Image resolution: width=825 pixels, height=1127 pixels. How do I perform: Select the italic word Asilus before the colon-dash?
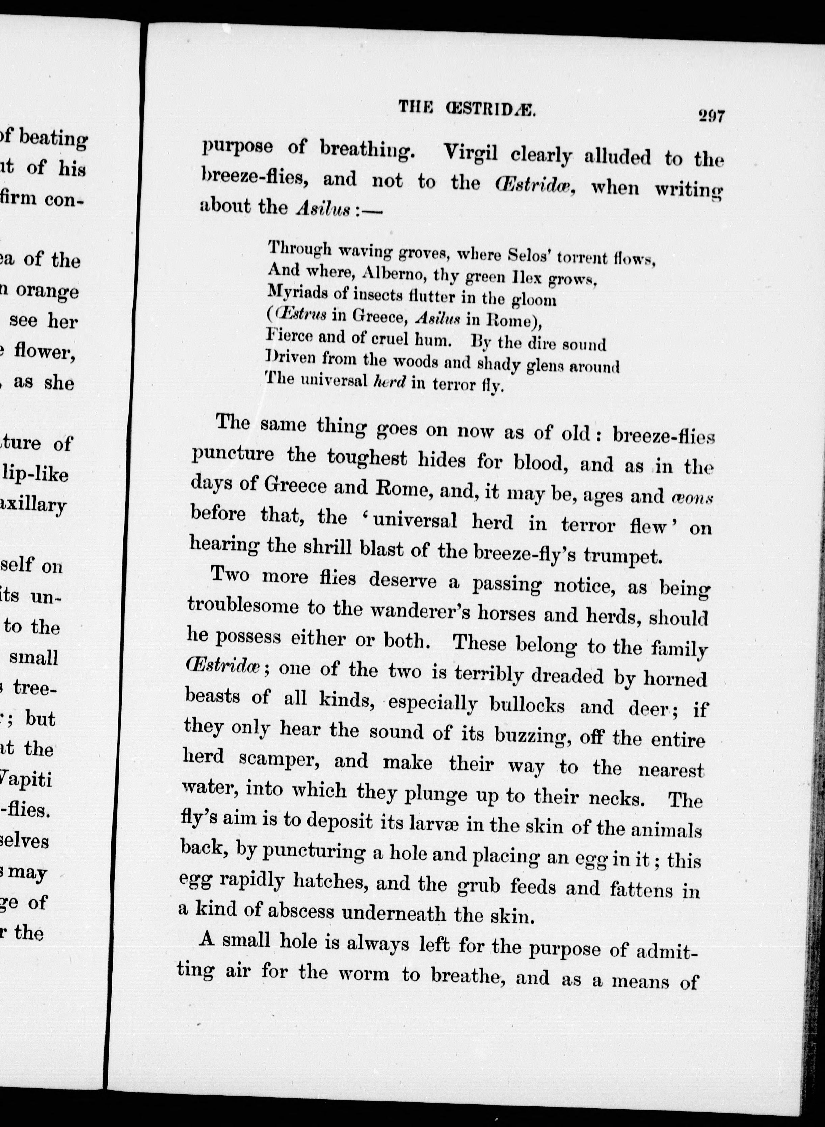pyautogui.click(x=323, y=208)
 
